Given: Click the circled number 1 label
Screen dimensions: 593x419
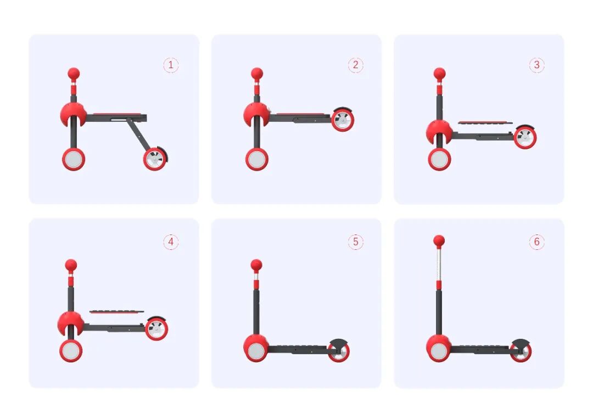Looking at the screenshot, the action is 171,65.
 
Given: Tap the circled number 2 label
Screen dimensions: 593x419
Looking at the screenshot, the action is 355,65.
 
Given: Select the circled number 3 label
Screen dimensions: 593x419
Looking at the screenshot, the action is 536,65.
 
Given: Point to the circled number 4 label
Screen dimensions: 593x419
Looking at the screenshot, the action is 171,242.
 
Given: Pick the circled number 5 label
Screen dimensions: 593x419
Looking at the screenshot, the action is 355,242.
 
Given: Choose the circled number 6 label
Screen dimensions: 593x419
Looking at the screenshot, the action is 536,242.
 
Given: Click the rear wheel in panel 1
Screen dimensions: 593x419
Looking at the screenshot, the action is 155,159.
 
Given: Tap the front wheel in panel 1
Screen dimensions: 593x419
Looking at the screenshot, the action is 74,159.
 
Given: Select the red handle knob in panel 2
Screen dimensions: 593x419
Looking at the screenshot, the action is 257,74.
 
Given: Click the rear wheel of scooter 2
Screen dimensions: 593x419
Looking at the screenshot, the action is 342,120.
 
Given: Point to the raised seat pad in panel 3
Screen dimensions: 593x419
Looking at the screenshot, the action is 485,122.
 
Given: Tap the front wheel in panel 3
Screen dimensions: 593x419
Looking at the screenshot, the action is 439,159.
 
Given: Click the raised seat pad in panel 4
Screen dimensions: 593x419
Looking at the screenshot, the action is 117,311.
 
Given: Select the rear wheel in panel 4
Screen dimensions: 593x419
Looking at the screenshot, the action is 156,329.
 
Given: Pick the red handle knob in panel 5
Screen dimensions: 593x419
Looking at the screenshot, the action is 256,265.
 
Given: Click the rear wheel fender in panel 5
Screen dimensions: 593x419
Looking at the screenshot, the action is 338,343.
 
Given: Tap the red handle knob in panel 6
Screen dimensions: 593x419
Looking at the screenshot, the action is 439,241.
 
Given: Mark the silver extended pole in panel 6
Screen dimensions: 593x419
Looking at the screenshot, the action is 439,264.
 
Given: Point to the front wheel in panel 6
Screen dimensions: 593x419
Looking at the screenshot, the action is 439,351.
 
